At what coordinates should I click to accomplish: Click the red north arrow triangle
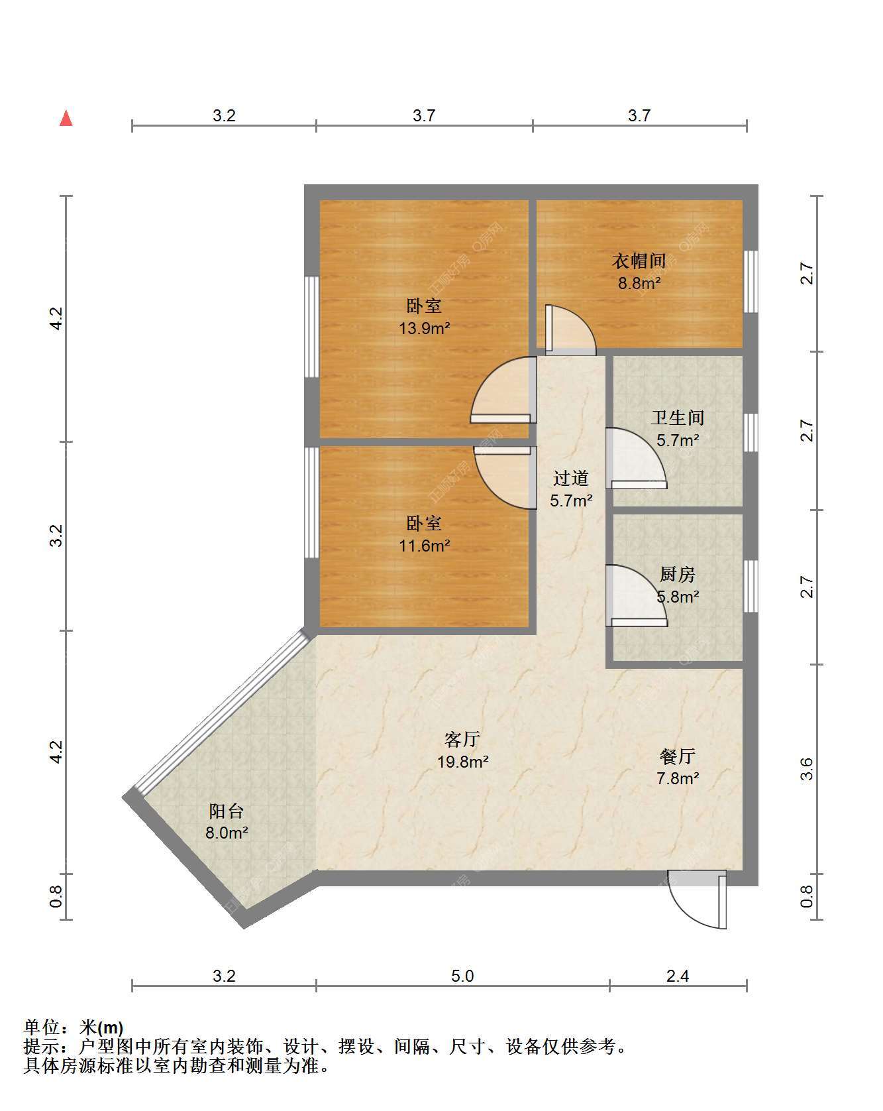(66, 118)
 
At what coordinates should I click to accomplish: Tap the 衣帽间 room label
(639, 261)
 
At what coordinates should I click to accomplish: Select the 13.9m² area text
(425, 328)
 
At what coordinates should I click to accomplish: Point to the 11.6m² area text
(425, 546)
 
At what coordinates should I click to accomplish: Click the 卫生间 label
(678, 418)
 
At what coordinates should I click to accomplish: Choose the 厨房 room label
(678, 574)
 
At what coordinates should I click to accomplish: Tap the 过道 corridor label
(571, 478)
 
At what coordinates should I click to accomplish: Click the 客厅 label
(462, 739)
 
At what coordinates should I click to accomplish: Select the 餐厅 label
(678, 756)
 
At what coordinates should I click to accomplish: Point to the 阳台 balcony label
(226, 811)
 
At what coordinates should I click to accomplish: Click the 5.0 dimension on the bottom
(462, 976)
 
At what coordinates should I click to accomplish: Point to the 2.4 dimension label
(678, 976)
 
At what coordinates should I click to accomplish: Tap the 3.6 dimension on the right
(806, 769)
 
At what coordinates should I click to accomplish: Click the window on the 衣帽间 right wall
(751, 281)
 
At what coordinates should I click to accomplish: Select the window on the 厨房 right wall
(751, 586)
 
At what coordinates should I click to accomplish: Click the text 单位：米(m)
(74, 1027)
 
